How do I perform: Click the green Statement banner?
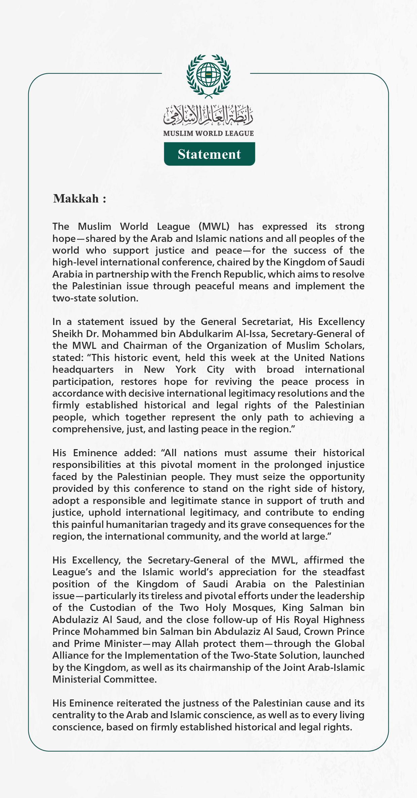(209, 154)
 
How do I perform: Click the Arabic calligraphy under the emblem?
(208, 114)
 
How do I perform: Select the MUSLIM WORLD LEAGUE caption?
(208, 133)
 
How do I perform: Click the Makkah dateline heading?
(80, 198)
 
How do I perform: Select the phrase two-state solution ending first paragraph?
(95, 298)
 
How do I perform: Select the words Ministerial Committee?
(104, 679)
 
